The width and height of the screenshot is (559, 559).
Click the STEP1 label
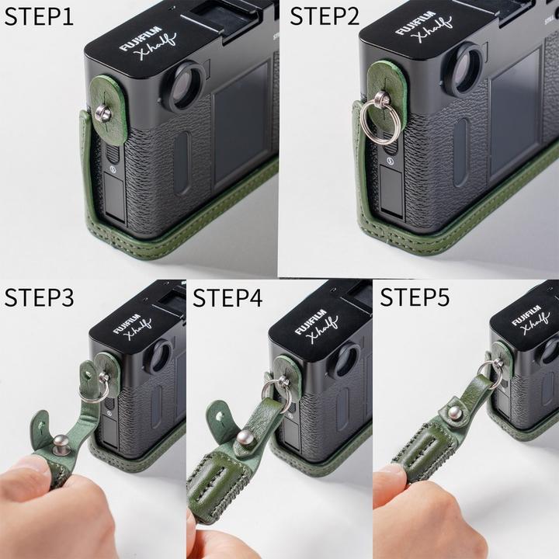[39, 16]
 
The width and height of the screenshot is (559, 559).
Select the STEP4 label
[229, 297]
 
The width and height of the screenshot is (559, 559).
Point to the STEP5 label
[415, 297]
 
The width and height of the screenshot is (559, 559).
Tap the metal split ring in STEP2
[385, 116]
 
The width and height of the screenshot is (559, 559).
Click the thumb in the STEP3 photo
[27, 474]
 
